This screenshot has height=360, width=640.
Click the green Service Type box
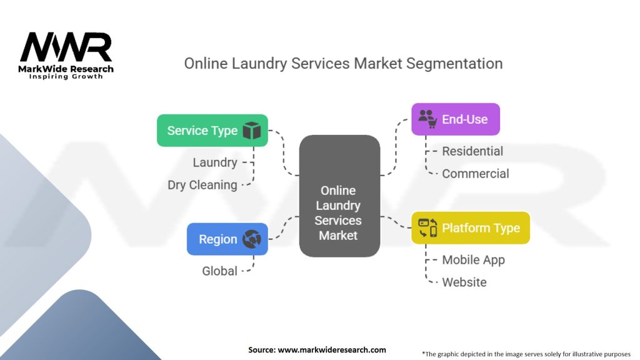coord(212,131)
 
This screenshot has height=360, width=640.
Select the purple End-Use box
coord(455,119)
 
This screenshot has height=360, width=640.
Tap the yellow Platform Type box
coord(470,228)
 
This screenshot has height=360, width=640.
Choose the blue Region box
coord(227,239)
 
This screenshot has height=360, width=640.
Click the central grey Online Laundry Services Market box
coord(339,196)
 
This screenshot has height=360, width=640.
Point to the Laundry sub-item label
coord(214,162)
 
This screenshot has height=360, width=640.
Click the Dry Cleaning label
coord(202,185)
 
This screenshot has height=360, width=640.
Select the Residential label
coord(472,151)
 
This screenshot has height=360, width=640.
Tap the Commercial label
coord(475,174)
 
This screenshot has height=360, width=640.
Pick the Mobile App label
coord(472,260)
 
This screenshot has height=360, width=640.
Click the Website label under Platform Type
coord(464,282)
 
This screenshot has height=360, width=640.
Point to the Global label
coord(219,271)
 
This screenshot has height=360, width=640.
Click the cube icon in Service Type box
coord(251,131)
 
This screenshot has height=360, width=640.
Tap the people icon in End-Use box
coord(427,119)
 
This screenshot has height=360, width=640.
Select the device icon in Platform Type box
coord(427,228)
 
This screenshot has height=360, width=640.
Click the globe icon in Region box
coord(251,239)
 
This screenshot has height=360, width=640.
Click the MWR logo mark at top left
coord(66,48)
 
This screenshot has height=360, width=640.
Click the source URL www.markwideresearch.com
coord(331,350)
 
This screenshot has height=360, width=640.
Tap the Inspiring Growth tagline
coord(66,76)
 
